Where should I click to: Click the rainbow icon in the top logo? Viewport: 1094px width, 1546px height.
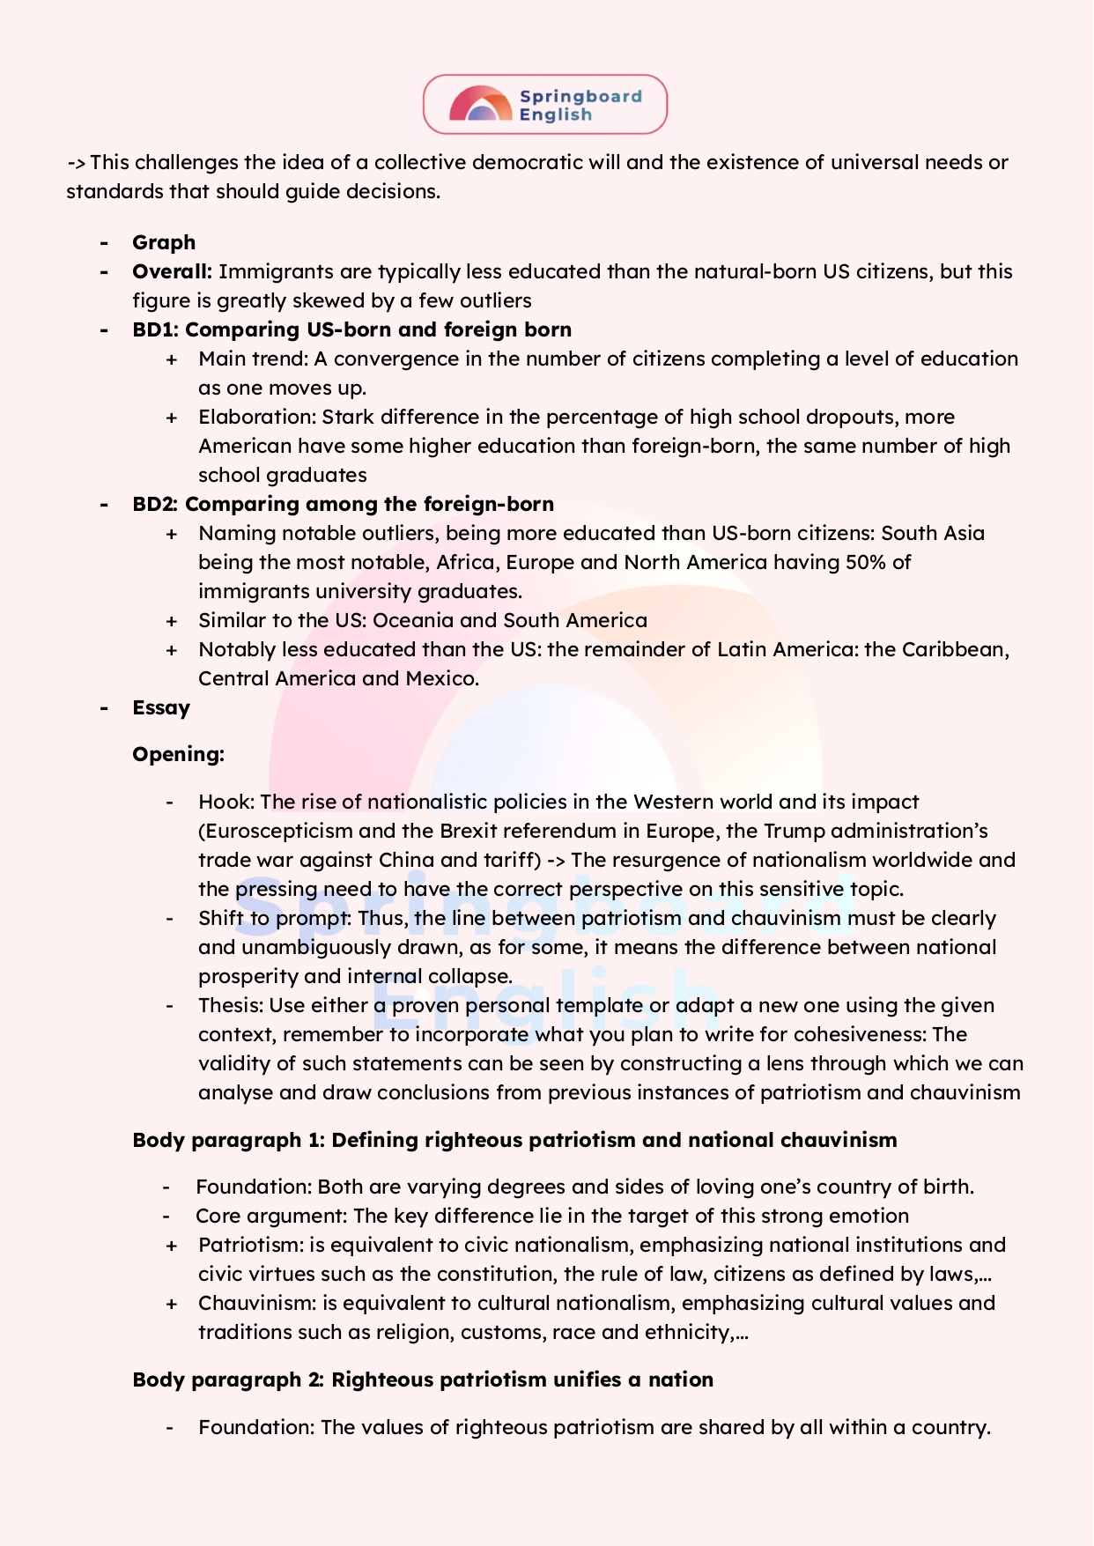point(480,104)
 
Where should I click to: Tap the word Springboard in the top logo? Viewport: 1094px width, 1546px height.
point(580,96)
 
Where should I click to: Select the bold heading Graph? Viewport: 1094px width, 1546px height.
point(164,242)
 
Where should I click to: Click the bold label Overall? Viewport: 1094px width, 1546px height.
point(172,271)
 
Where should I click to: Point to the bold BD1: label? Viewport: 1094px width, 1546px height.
point(155,329)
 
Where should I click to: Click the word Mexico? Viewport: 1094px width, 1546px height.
point(441,678)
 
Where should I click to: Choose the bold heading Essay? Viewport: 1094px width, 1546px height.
point(161,707)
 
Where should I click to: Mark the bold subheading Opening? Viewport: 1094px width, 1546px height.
point(178,754)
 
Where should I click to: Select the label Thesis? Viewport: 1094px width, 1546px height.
point(231,1005)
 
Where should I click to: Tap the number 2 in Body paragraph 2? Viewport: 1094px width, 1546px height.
point(314,1380)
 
